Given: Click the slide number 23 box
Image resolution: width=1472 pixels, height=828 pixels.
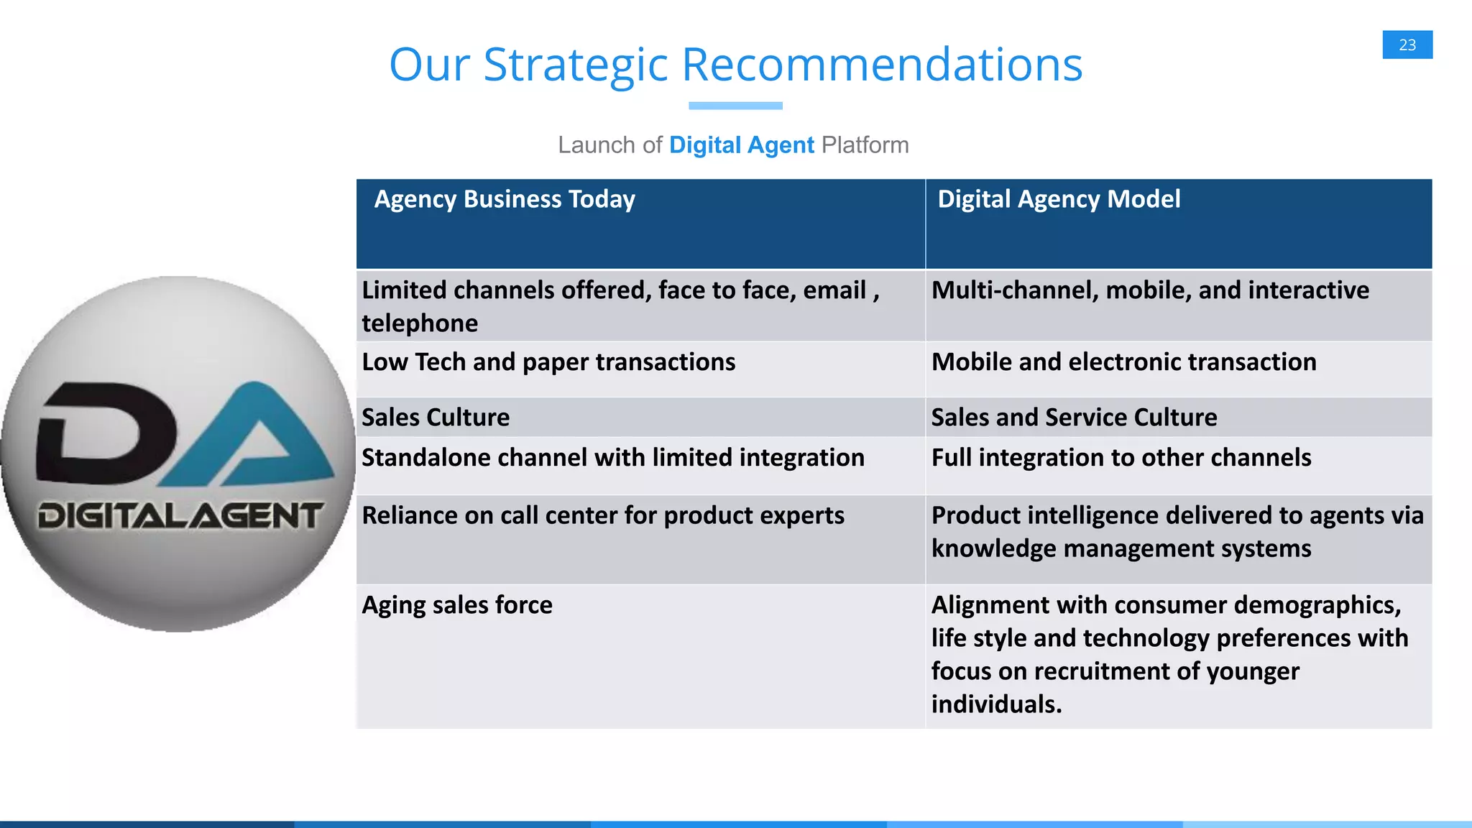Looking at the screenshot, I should click(x=1407, y=45).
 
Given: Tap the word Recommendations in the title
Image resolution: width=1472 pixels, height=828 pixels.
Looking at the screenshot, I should click(x=881, y=65).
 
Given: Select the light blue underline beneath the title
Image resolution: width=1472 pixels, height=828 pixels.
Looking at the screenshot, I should click(x=735, y=106).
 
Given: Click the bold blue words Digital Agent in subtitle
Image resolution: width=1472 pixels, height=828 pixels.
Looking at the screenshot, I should click(x=741, y=145).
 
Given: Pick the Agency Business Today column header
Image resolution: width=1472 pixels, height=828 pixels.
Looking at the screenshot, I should click(x=505, y=199).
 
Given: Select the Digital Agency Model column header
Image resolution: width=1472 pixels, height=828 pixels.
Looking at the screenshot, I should click(x=1059, y=199).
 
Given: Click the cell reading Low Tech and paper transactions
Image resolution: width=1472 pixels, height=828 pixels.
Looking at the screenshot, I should click(x=548, y=362).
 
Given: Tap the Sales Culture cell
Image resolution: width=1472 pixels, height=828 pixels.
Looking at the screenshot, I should click(x=436, y=418).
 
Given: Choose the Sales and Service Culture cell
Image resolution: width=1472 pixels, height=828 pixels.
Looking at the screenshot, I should click(x=1074, y=418).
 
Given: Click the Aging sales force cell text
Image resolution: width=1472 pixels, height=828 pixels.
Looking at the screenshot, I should click(x=457, y=605).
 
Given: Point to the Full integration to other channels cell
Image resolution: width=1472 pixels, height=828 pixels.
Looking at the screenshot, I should click(x=1121, y=458).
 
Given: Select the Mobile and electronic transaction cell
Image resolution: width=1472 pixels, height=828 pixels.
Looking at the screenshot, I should click(x=1123, y=362).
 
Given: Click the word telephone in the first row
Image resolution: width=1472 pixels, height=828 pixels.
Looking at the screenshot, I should click(x=420, y=323).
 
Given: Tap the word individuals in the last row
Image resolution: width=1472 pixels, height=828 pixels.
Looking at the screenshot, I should click(x=995, y=704).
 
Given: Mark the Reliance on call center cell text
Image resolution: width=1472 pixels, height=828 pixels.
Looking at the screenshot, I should click(x=602, y=515).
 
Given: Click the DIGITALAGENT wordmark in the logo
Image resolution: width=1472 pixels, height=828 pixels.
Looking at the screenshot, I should click(x=180, y=516).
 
